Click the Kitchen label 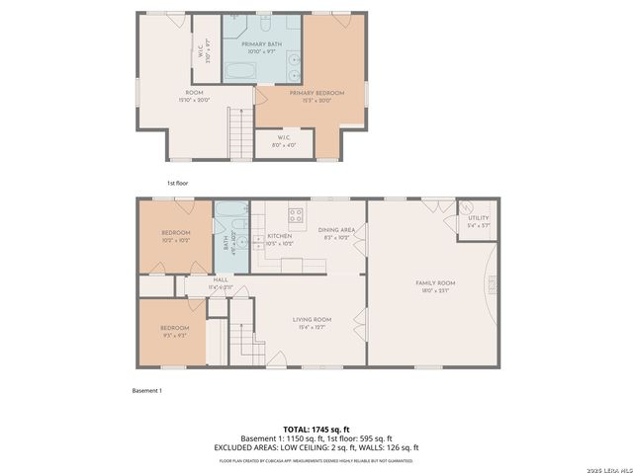[x=280, y=240]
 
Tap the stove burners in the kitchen [x=294, y=215]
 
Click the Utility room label [x=478, y=221]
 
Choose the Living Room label [x=311, y=322]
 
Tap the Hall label [x=220, y=283]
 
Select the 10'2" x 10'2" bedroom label [x=175, y=236]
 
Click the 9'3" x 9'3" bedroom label [x=175, y=331]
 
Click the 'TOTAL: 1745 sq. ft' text [x=316, y=430]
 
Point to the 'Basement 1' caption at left [x=146, y=391]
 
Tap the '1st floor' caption [x=176, y=183]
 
